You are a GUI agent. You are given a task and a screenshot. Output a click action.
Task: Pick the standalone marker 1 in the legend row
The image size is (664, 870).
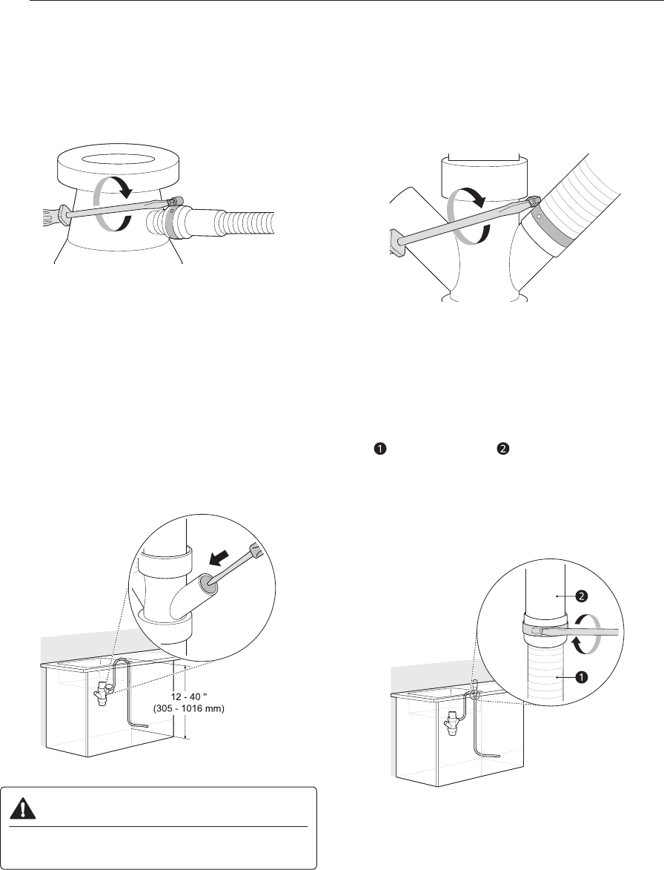tap(379, 450)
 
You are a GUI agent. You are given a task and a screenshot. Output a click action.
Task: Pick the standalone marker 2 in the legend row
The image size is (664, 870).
tap(501, 450)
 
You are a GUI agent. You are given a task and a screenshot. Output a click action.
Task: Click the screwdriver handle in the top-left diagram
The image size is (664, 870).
tap(56, 214)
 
